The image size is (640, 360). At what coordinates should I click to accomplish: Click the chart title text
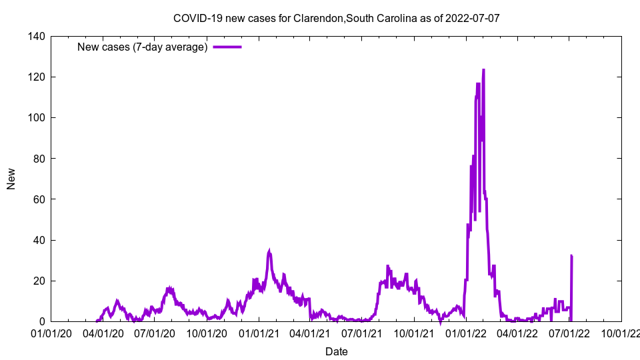(336, 18)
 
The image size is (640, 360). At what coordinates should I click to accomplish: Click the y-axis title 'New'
(11, 179)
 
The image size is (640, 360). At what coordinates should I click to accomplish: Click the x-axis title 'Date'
(336, 351)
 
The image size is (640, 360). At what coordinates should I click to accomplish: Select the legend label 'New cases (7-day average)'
(142, 47)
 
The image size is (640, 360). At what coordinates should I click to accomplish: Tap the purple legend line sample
(227, 47)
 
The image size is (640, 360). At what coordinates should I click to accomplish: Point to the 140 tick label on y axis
(37, 37)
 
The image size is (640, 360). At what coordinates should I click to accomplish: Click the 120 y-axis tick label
(37, 77)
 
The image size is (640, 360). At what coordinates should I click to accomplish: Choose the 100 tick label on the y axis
(37, 118)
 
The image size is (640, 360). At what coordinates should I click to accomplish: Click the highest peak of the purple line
(483, 69)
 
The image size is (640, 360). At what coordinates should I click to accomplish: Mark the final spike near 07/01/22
(571, 255)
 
